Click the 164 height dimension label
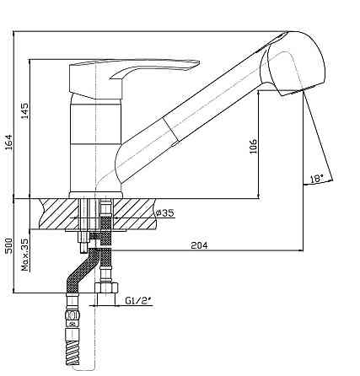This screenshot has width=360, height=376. (x=9, y=142)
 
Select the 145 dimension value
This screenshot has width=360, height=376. (x=25, y=111)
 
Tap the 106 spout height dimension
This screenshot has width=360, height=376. (x=253, y=146)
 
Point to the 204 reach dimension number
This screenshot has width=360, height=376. (x=199, y=245)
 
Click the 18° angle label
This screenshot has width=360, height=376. (x=317, y=179)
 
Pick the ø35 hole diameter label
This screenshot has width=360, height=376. (x=164, y=213)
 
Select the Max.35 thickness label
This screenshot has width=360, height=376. (x=25, y=255)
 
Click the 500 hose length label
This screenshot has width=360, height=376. (x=9, y=245)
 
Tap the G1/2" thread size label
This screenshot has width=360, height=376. (x=138, y=301)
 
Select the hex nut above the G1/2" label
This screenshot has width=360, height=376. (x=106, y=288)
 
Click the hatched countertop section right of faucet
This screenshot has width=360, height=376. (x=134, y=213)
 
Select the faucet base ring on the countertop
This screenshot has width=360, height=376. (x=96, y=196)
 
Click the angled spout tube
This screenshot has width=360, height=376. (x=191, y=112)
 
